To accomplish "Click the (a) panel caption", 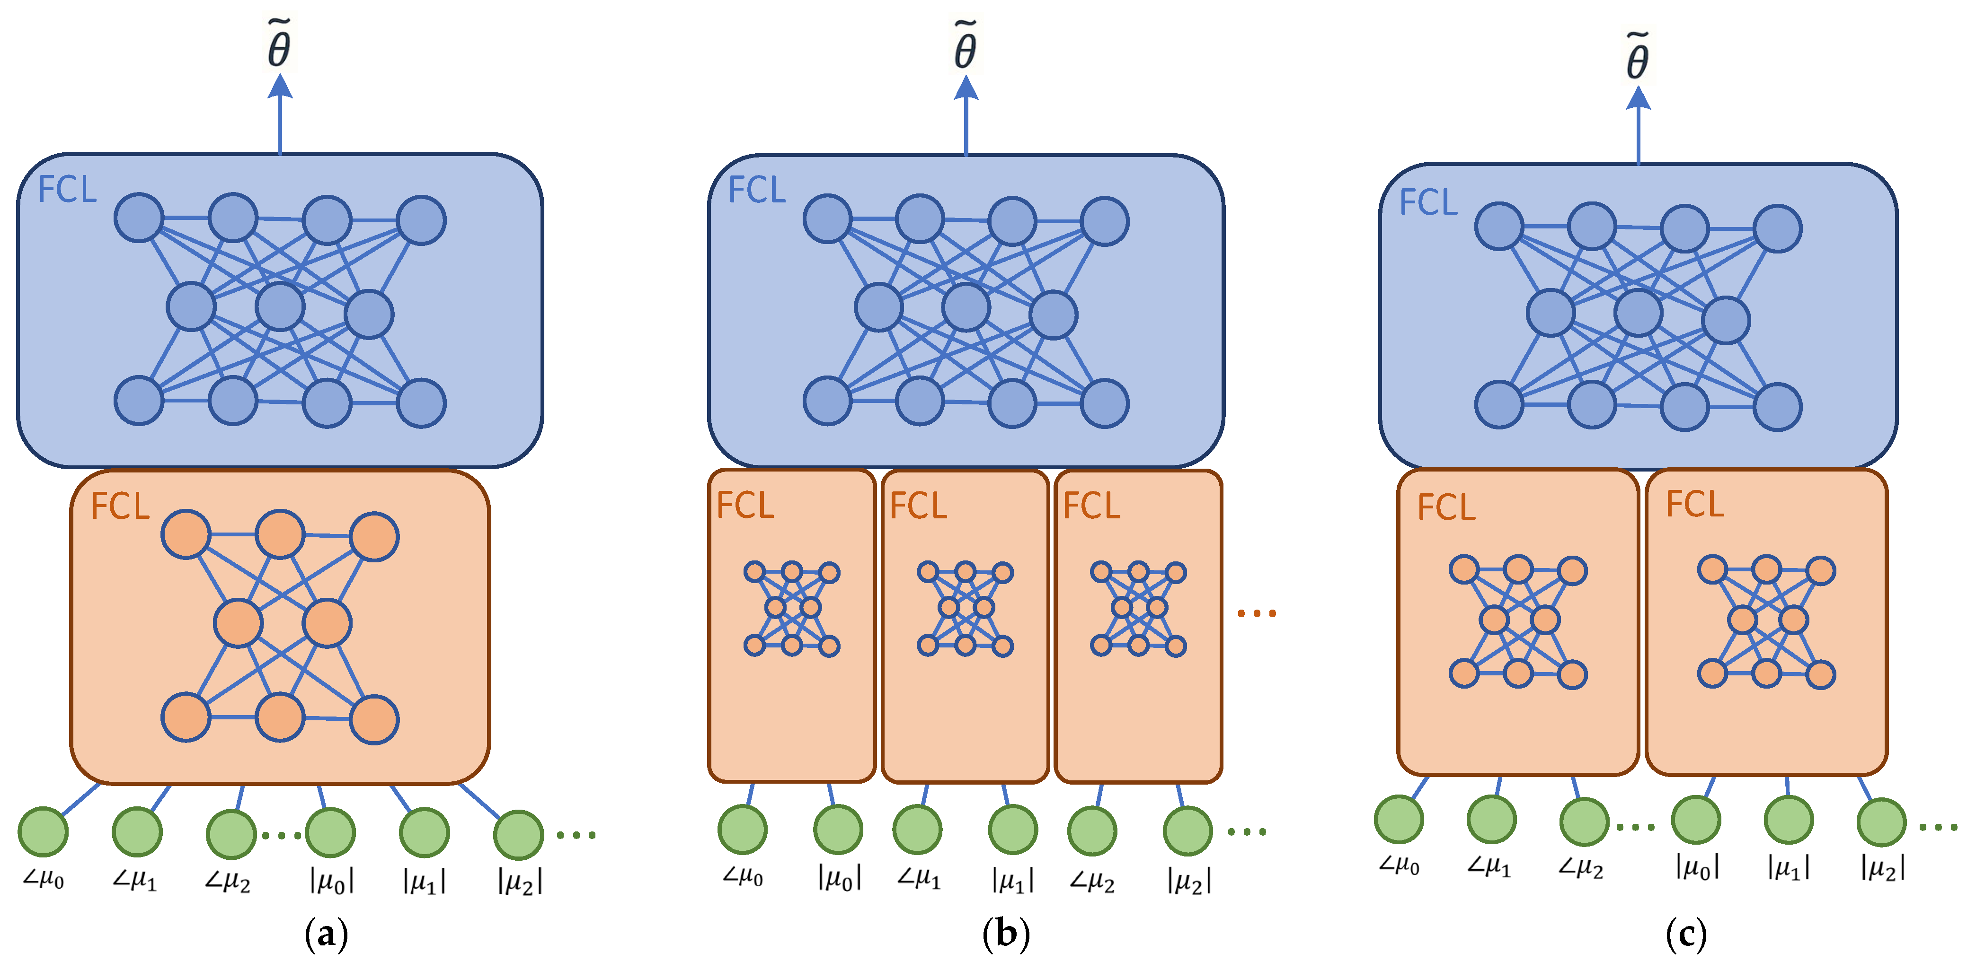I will pos(326,934).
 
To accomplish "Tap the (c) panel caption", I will pos(1685,934).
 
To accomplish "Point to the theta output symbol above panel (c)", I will pos(1637,58).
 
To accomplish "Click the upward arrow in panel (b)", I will pos(965,115).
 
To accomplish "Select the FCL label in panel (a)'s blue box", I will pos(68,189).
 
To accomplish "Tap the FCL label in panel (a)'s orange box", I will pos(120,506).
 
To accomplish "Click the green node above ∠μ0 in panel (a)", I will pos(44,831).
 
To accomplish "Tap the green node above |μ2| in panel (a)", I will pos(519,834).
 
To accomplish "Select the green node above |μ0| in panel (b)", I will pos(838,829).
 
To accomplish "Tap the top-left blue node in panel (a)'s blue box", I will pos(139,218).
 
